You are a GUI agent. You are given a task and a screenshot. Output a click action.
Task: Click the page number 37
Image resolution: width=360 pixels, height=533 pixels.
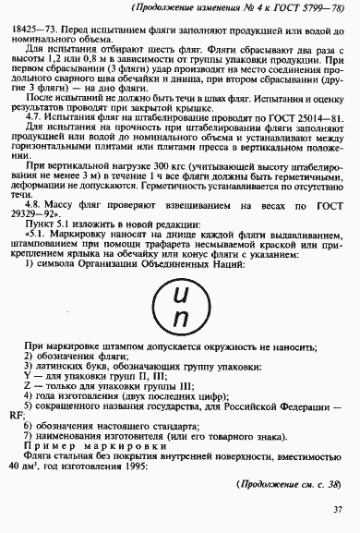click(338, 509)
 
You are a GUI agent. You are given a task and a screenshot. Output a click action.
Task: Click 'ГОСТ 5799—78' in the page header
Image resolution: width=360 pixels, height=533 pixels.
click(306, 7)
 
